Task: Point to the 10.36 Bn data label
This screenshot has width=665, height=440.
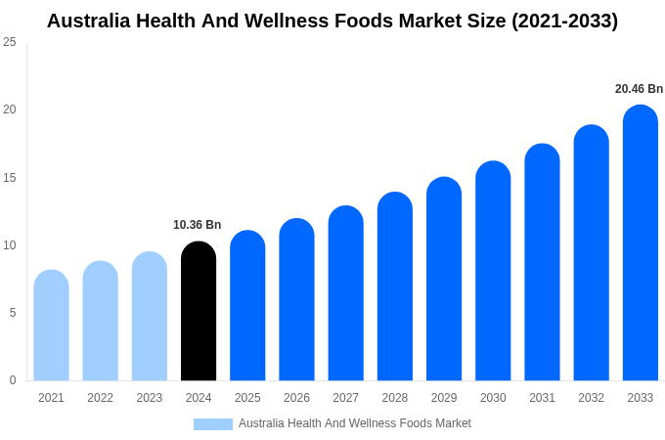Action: tap(198, 225)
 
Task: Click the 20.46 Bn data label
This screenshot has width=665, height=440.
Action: tap(639, 89)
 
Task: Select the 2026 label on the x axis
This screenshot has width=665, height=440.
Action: tap(296, 398)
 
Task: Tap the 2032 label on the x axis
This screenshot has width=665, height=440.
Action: tap(591, 398)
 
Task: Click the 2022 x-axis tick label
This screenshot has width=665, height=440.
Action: tap(100, 398)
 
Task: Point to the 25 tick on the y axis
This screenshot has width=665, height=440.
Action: tap(10, 42)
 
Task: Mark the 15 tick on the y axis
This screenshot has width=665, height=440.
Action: tap(10, 177)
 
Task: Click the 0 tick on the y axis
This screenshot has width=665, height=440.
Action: tap(13, 380)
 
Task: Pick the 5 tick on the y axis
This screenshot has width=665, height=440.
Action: tap(13, 313)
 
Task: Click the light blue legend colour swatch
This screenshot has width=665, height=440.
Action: tap(213, 424)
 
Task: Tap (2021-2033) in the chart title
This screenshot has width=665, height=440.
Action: tap(564, 21)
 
